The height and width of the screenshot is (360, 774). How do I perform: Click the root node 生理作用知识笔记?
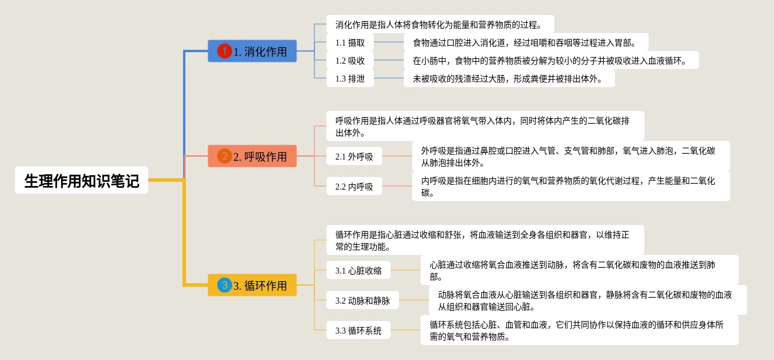point(82,180)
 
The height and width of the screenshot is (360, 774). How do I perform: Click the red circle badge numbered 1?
point(224,52)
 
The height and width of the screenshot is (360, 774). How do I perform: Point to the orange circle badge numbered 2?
point(224,157)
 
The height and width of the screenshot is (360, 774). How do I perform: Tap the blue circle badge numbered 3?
point(224,285)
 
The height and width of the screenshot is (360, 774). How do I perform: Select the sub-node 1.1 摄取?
point(350,43)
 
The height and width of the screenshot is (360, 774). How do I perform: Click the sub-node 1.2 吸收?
point(350,61)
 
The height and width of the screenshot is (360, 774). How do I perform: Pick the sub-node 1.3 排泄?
point(350,79)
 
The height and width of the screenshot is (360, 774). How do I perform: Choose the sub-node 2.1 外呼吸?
point(354,157)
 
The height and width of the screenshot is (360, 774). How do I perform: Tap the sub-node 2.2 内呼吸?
point(354,187)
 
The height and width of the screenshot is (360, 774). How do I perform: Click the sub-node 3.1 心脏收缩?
point(358,271)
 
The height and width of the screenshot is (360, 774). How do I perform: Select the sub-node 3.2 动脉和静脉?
point(362,301)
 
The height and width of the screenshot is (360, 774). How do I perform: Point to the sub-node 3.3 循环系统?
point(358,331)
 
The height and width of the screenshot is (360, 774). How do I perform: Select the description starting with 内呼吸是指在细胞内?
point(571,186)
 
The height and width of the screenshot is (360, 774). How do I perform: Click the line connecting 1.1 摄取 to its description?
point(389,43)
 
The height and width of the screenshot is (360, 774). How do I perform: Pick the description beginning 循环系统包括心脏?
point(579,330)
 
